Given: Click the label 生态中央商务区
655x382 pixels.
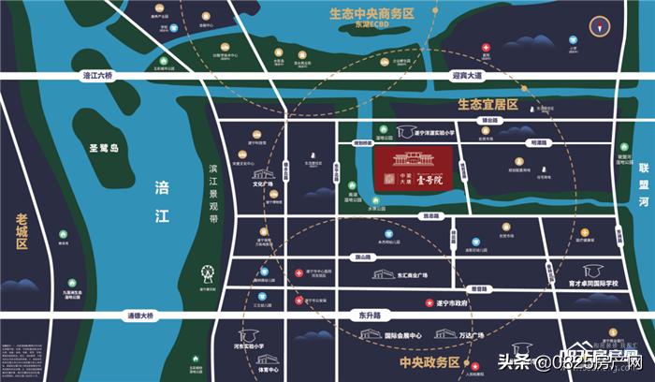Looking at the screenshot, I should (x=370, y=15).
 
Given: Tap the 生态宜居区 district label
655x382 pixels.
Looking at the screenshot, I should (x=487, y=104).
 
